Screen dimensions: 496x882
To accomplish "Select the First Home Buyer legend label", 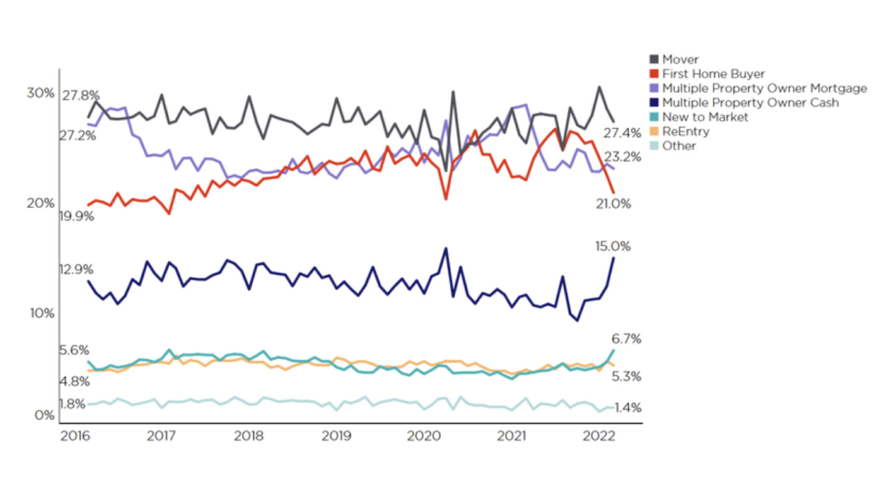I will [713, 74].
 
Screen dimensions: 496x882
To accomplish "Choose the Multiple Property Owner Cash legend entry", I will [750, 103].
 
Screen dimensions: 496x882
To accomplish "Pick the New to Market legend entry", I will [705, 117].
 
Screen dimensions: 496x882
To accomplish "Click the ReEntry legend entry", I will [685, 132].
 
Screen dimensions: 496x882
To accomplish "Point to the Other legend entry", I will [678, 146].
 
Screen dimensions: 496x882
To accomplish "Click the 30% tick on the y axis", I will [40, 93].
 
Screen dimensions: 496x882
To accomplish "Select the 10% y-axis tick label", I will [42, 313].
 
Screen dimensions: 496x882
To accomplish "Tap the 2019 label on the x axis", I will [336, 436].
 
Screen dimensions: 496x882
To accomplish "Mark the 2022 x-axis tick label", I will [599, 436].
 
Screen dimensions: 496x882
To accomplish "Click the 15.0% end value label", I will [613, 246].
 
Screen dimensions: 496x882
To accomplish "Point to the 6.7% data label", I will [626, 339].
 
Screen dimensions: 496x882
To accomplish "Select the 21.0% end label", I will [613, 204].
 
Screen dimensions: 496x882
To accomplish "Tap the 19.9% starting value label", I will [77, 216].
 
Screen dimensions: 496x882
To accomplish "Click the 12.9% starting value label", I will [76, 270].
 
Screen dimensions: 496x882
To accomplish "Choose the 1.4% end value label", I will [628, 408].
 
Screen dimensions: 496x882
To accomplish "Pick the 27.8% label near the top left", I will [81, 96].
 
